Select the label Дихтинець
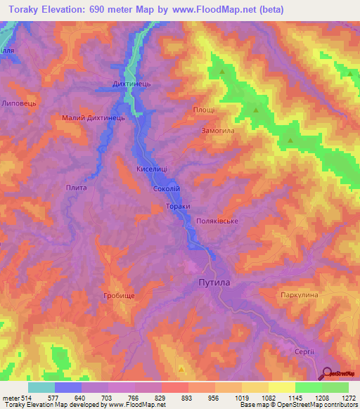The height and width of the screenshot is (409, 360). click(x=132, y=84)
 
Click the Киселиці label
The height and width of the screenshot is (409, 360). click(x=151, y=169)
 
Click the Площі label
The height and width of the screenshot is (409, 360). click(x=205, y=110)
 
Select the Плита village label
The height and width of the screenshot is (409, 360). click(x=76, y=187)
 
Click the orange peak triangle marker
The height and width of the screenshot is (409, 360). click(x=182, y=368)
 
